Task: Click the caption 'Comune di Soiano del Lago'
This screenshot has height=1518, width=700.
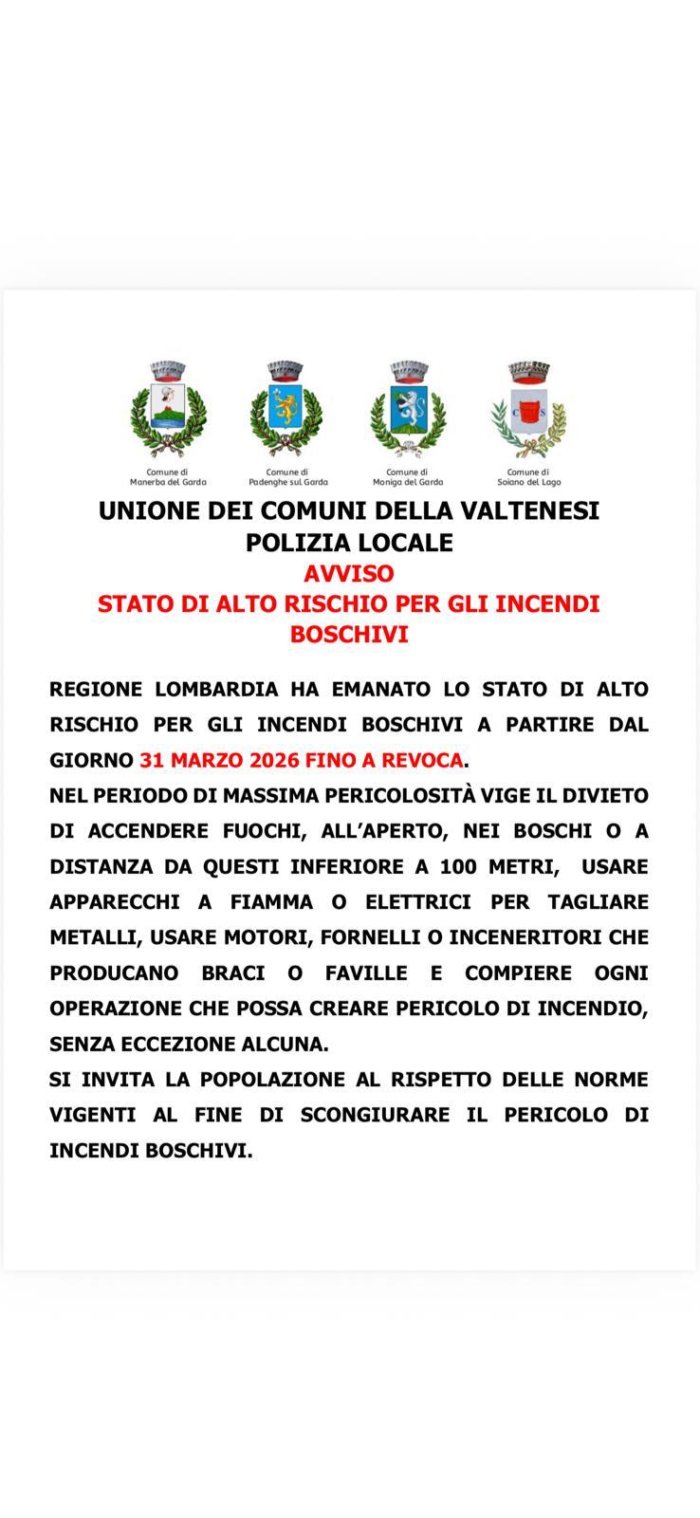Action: (x=528, y=477)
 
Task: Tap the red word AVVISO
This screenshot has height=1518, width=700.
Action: (x=349, y=574)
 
